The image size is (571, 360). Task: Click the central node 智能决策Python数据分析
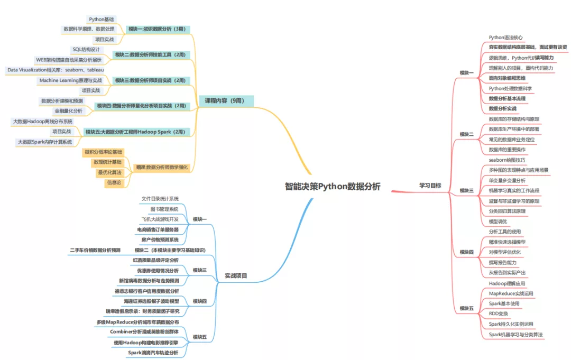coord(332,186)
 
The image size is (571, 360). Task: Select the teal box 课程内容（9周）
coord(226,100)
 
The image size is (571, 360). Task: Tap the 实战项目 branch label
coord(236,275)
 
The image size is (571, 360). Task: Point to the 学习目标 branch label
coord(430,186)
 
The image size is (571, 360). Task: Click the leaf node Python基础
coord(100,19)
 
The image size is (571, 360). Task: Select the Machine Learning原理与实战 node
coord(70,80)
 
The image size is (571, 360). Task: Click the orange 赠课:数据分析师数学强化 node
coord(161,168)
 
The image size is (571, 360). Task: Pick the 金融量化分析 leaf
coord(68,111)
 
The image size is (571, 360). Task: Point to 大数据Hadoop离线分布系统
coord(42,122)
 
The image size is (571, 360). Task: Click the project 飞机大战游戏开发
coord(160,219)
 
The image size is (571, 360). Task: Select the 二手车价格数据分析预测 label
coord(95,250)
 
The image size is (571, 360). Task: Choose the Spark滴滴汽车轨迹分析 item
coord(153,352)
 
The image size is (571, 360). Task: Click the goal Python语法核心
coord(506,38)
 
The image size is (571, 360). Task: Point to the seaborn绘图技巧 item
coord(507,159)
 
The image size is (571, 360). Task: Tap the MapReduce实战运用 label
coord(511,293)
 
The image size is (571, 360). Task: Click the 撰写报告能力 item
coord(506,262)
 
